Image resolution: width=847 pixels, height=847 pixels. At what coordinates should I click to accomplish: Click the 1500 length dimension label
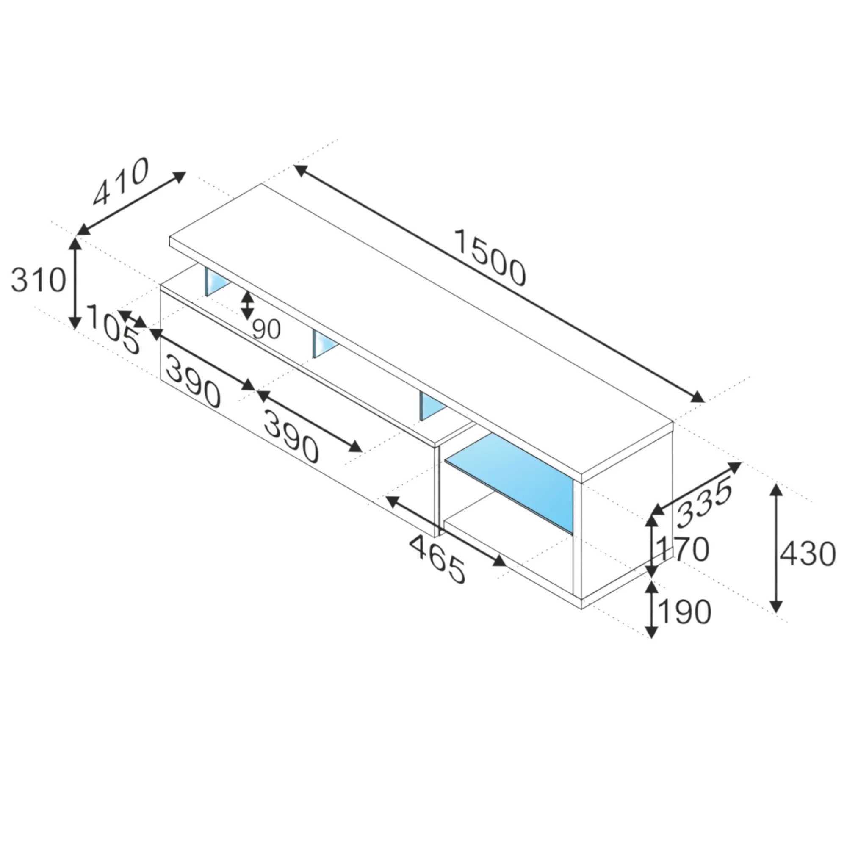(490, 258)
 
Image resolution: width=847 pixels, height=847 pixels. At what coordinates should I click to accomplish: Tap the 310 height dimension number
(38, 280)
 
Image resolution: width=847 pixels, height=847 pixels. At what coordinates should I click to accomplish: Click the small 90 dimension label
(266, 329)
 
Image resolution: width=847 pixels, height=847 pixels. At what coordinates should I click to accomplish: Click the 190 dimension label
(684, 612)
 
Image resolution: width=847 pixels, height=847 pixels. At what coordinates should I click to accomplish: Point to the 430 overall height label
(808, 554)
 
